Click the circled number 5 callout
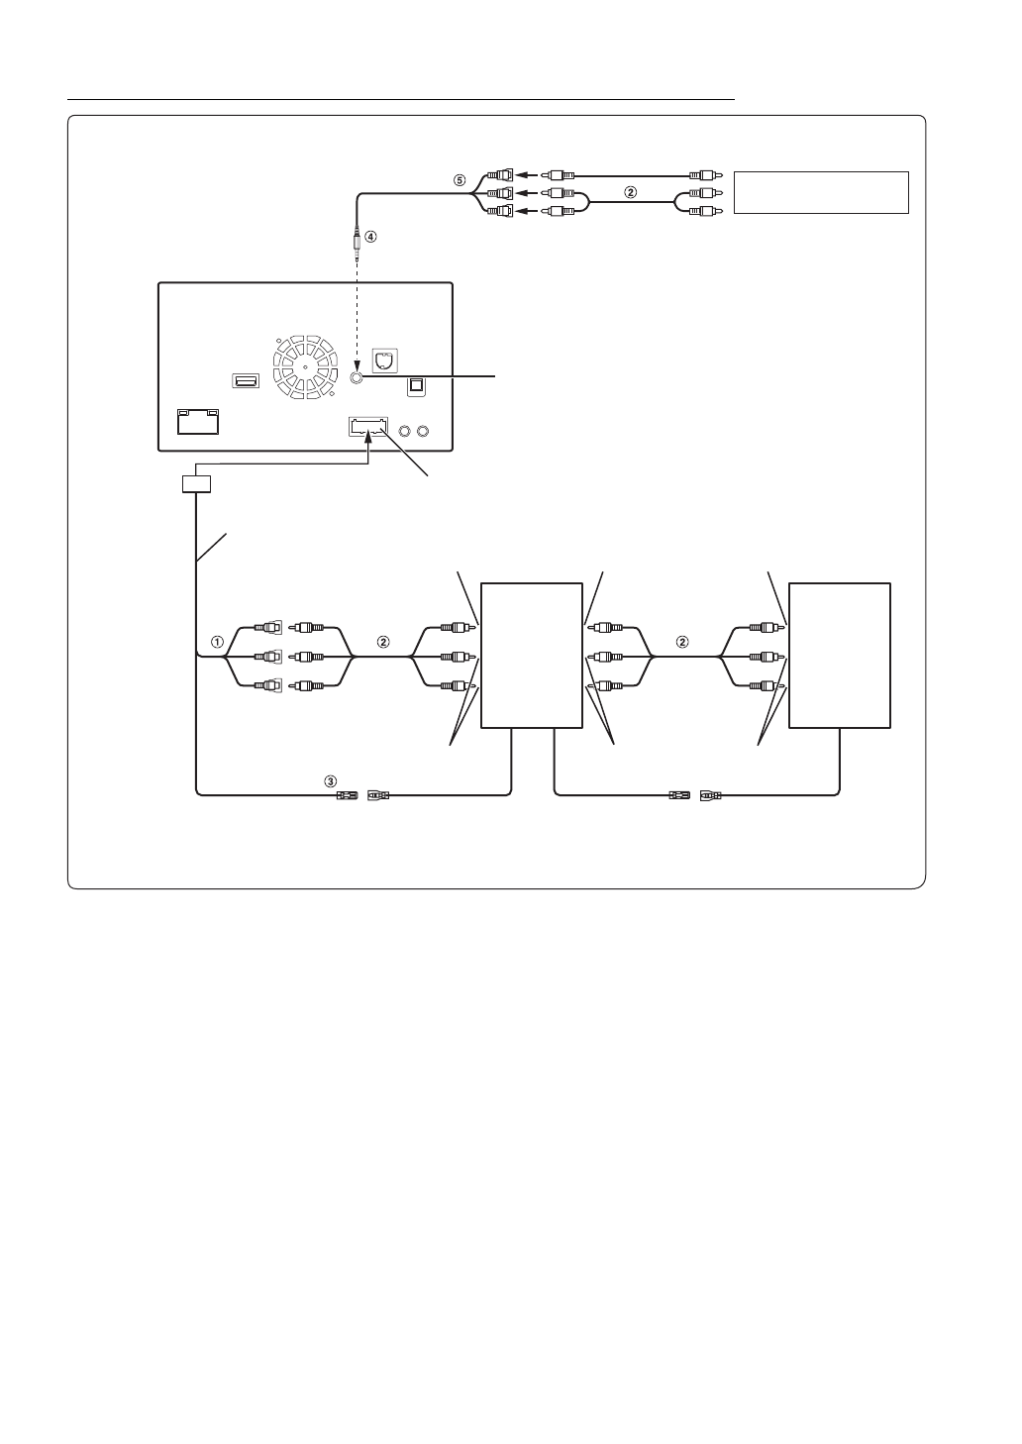[459, 181]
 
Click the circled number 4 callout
[370, 237]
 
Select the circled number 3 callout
[331, 780]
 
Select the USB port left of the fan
[245, 380]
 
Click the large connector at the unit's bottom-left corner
[198, 422]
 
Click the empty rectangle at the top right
[821, 192]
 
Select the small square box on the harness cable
[197, 484]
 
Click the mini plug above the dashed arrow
[357, 242]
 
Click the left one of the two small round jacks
[404, 431]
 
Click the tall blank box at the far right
[839, 656]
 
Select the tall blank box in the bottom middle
[531, 656]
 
